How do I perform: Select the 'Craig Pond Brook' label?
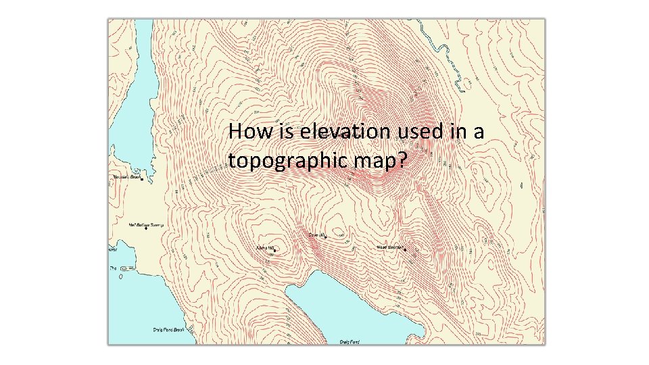click(168, 330)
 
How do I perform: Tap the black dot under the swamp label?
click(145, 228)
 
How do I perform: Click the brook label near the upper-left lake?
click(126, 178)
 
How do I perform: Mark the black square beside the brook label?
click(141, 179)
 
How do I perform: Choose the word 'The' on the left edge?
click(113, 268)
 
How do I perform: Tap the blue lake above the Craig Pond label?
click(352, 304)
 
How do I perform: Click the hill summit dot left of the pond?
click(274, 250)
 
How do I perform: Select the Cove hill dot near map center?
click(325, 237)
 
